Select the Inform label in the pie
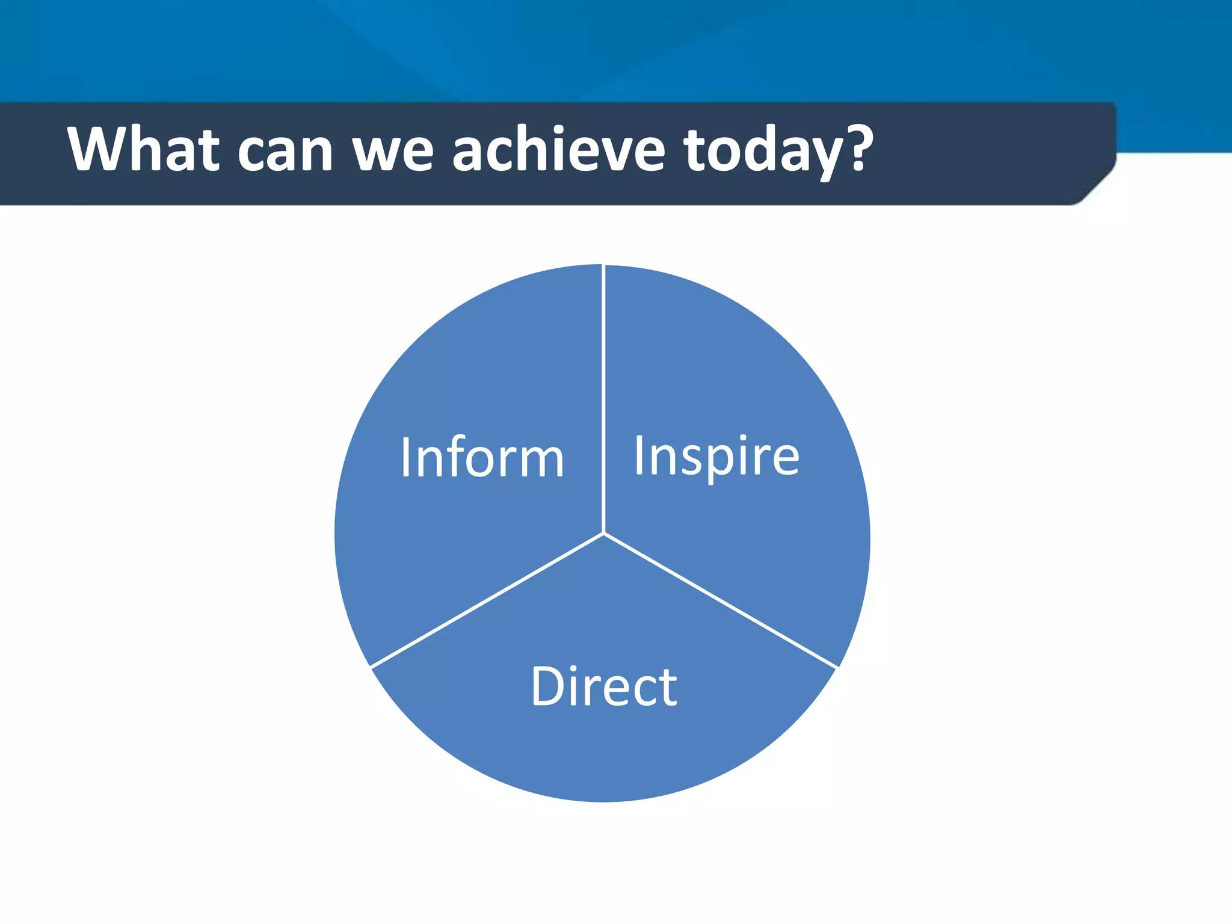(x=482, y=458)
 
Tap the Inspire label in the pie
(x=716, y=457)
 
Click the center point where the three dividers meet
(x=603, y=533)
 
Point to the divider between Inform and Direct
(x=487, y=600)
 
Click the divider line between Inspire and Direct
(x=720, y=600)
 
